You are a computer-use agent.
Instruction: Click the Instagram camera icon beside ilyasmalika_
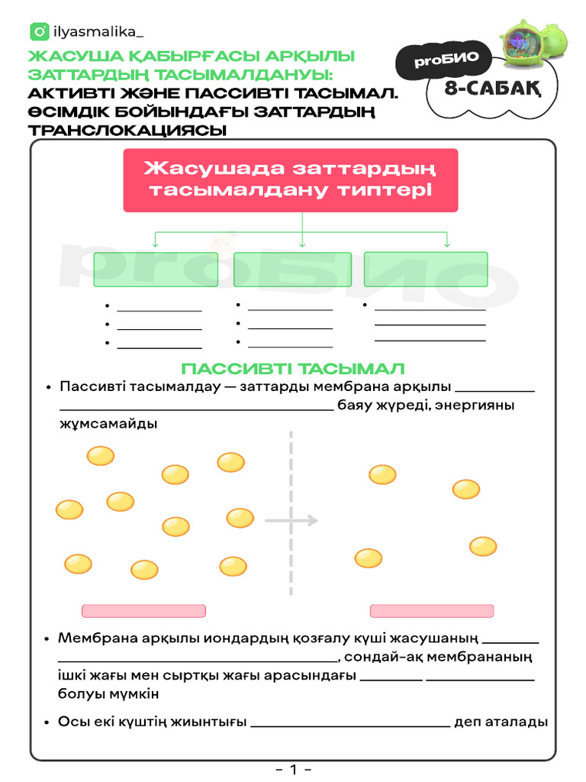coord(39,32)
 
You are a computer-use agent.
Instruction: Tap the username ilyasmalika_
coord(98,32)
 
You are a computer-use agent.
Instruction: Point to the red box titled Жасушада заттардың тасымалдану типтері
coord(291,179)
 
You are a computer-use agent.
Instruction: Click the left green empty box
coord(156,270)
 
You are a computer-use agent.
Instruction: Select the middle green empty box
coord(292,270)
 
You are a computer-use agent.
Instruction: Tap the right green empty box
coord(426,269)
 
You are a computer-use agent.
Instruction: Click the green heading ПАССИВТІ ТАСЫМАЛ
coord(293,369)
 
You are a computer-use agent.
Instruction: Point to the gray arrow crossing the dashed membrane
coord(290,521)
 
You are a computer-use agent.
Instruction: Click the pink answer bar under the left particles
coord(143,611)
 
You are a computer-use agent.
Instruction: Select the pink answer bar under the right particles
coord(432,611)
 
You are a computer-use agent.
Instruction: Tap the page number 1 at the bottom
coord(293,769)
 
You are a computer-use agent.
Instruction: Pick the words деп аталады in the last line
coord(501,722)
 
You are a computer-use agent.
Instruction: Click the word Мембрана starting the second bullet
coord(92,638)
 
